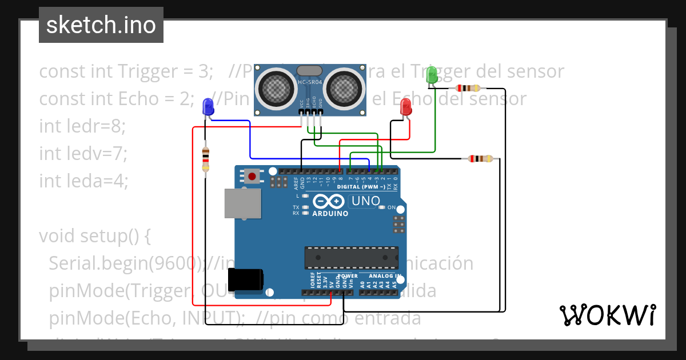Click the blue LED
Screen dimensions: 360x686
[208, 106]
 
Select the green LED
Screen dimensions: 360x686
[432, 74]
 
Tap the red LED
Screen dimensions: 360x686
[406, 106]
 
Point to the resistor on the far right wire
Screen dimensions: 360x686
[480, 159]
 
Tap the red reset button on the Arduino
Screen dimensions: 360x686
[252, 175]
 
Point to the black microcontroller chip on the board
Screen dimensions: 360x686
[351, 258]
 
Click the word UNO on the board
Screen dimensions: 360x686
[366, 201]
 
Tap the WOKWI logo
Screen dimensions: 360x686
[607, 315]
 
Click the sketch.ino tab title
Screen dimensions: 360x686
[101, 25]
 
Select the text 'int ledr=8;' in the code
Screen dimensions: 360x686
[82, 126]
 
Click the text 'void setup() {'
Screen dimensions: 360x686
[94, 235]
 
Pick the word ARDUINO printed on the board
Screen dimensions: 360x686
[330, 214]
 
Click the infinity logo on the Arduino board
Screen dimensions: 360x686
[328, 202]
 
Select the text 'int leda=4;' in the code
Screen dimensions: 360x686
[83, 181]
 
